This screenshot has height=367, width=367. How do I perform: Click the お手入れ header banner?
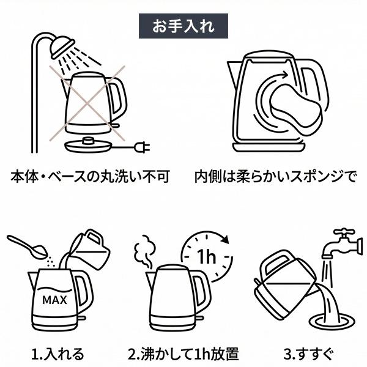(183, 26)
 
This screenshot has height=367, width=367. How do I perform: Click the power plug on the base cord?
(143, 147)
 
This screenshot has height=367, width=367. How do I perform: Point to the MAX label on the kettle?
(54, 300)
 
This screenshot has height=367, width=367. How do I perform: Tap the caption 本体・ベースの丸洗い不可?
(90, 177)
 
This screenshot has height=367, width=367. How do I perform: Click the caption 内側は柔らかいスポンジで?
(275, 177)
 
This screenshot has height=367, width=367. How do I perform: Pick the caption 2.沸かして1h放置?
(183, 353)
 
